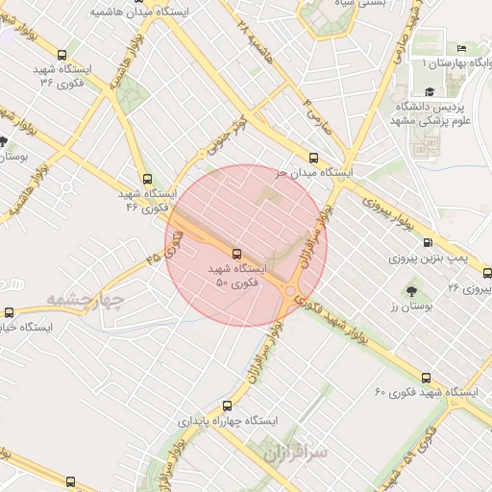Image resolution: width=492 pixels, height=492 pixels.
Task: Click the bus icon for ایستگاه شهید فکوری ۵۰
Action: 237,254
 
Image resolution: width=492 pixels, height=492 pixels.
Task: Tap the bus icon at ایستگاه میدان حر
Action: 313,158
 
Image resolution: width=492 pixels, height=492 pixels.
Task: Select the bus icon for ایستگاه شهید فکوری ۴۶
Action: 146,178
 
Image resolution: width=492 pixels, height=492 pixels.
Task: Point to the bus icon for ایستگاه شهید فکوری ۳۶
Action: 62,56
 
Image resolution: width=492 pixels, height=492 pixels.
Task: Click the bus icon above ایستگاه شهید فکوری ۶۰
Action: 427,378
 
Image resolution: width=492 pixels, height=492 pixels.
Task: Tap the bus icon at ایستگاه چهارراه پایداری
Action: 227,406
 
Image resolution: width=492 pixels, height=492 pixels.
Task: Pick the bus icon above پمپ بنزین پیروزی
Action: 428,244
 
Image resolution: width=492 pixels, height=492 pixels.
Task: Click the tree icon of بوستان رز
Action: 412,289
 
